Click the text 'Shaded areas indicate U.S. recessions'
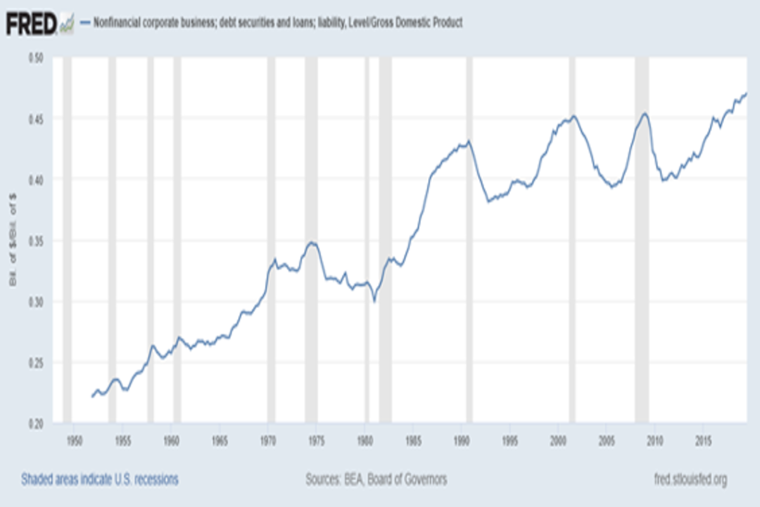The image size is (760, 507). (99, 479)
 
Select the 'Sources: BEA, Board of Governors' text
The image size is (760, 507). (376, 479)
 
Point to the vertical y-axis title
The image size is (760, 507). (13, 241)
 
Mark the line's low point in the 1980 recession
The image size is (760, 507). (374, 301)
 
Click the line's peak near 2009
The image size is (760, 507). (644, 114)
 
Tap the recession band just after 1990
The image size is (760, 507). (469, 241)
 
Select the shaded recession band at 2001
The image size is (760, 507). (572, 241)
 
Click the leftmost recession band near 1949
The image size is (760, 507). (67, 241)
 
